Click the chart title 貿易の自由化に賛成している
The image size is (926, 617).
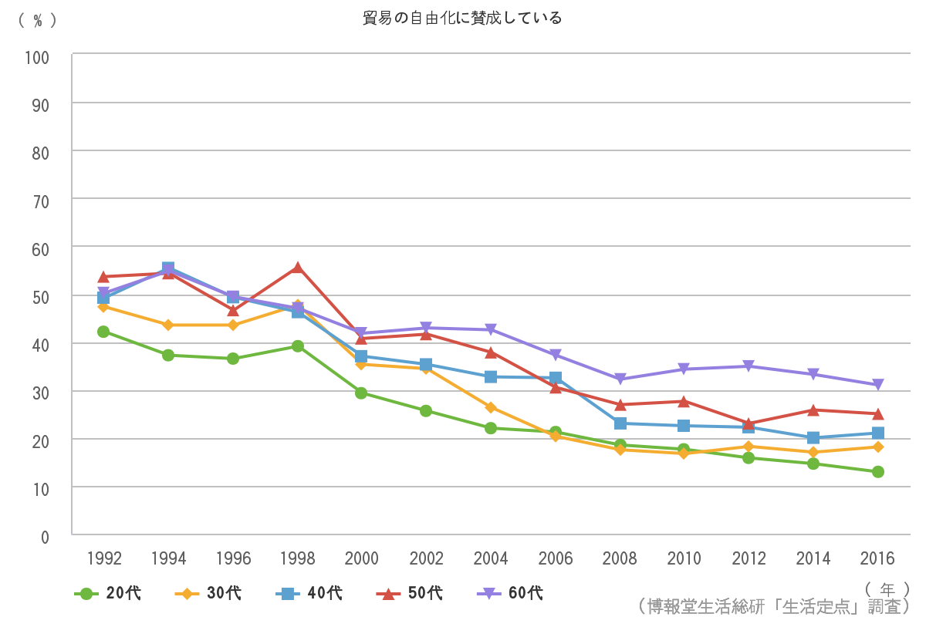click(462, 18)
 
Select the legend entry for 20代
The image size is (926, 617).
click(108, 593)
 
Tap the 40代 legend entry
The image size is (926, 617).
click(309, 593)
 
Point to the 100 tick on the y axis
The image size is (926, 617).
click(37, 58)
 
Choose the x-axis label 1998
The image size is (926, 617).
click(297, 558)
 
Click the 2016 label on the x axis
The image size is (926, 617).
click(877, 558)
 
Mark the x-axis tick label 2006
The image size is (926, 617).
click(555, 558)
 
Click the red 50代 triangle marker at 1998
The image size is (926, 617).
click(297, 268)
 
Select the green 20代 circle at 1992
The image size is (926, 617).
click(103, 332)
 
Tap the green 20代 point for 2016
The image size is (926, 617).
click(877, 471)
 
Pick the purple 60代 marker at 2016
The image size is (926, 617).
click(877, 385)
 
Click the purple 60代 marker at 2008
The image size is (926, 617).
click(620, 379)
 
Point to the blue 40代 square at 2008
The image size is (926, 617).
click(620, 423)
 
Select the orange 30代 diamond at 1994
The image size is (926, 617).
click(168, 325)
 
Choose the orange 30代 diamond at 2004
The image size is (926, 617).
click(491, 407)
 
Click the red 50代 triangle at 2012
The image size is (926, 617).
click(749, 423)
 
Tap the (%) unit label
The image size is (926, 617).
click(37, 21)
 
